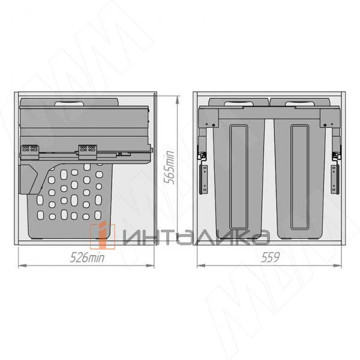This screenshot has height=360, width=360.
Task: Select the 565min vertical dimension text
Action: [x=170, y=167]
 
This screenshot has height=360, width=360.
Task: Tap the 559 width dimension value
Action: [x=271, y=259]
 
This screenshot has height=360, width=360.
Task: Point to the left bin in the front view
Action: [x=240, y=174]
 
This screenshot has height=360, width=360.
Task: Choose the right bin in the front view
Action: [x=298, y=174]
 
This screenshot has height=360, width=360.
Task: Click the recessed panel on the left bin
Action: [x=240, y=177]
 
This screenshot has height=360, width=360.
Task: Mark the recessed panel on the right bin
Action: [x=298, y=177]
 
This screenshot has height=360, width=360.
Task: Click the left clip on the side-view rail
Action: [x=29, y=149]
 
